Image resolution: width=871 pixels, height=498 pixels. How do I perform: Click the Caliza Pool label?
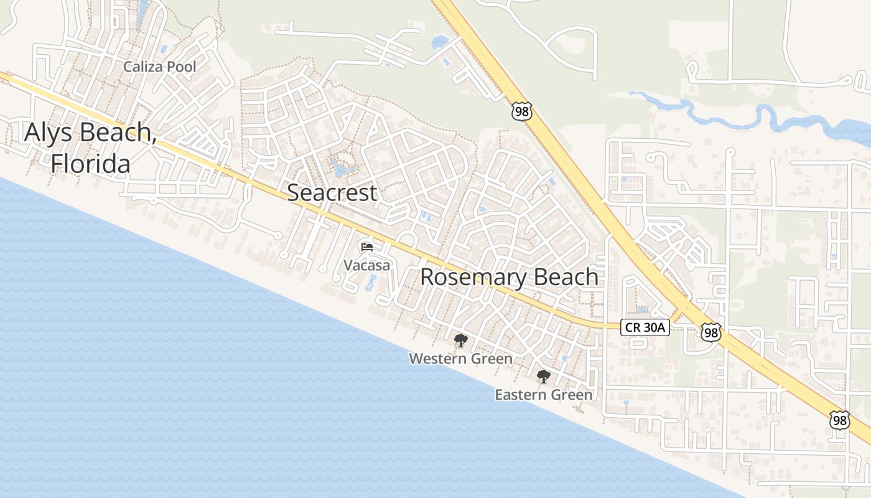tap(159, 67)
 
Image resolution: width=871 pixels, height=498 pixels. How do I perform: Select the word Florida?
tap(91, 163)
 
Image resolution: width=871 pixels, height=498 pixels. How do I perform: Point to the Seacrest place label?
tap(332, 192)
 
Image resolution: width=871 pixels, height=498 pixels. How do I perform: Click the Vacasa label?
tap(367, 265)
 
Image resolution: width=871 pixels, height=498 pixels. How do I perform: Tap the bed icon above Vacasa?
tap(366, 247)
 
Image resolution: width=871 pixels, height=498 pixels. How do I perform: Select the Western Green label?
tap(460, 359)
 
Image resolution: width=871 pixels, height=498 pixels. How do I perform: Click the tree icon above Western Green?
tap(460, 340)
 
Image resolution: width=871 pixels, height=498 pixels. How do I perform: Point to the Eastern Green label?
tap(543, 395)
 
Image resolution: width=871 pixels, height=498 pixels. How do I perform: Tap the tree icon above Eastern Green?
tap(543, 376)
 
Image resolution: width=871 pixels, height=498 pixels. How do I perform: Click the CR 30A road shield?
tap(645, 327)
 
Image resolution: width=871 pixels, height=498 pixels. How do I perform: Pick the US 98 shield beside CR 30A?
tap(710, 332)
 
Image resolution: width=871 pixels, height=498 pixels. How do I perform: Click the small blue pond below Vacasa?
tap(371, 284)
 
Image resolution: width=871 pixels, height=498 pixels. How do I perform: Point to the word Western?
tap(437, 359)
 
